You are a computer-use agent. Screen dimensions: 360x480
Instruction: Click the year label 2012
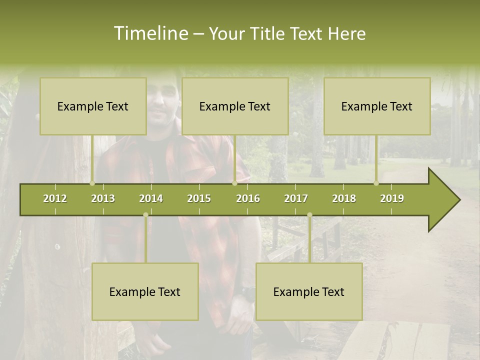(x=55, y=198)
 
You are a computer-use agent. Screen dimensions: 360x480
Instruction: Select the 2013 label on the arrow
(x=103, y=198)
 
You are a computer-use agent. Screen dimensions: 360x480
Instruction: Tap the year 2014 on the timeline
(x=151, y=198)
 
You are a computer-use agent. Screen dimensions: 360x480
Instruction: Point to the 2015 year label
(x=199, y=198)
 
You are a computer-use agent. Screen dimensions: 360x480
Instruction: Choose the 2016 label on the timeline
(x=248, y=198)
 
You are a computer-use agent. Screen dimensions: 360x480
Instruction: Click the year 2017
(x=296, y=198)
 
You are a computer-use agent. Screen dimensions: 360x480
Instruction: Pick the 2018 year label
(x=344, y=198)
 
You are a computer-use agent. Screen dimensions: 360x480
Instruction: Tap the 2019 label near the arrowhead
(x=392, y=198)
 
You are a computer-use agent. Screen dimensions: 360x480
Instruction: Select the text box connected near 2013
(x=93, y=106)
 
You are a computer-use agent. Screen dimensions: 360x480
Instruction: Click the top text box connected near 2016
(x=235, y=106)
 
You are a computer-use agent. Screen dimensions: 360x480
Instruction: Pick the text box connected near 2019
(x=377, y=106)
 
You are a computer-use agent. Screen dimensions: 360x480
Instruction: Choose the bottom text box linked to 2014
(x=145, y=292)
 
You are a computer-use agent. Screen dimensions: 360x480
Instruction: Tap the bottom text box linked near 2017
(x=309, y=292)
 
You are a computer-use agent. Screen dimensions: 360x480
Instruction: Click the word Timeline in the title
(x=150, y=33)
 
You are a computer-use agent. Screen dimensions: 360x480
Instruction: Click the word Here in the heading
(x=347, y=33)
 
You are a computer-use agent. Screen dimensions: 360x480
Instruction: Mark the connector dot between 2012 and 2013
(x=92, y=183)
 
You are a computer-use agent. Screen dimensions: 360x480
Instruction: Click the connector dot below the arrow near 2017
(x=309, y=215)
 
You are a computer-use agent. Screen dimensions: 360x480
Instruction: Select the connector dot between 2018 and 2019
(x=376, y=183)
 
